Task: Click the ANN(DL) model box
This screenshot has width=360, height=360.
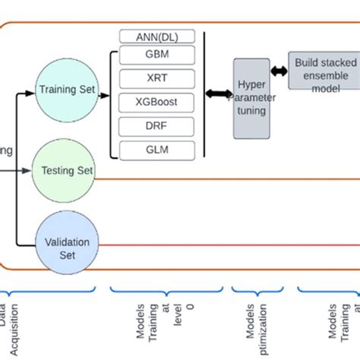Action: [x=157, y=36]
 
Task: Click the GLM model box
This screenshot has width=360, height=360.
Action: [x=157, y=150]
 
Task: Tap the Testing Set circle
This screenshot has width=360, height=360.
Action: [x=67, y=171]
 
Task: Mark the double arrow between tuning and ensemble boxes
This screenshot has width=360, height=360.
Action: [x=278, y=71]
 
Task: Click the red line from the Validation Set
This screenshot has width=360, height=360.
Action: [x=228, y=245]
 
